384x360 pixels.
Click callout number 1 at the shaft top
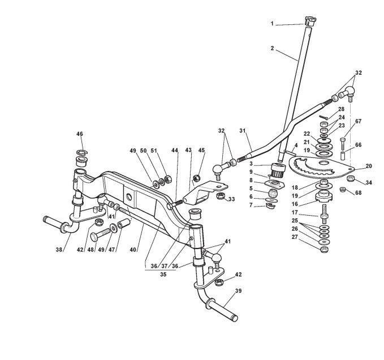pos(271,24)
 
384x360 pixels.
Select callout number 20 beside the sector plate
pos(369,166)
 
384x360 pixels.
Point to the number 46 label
pos(79,134)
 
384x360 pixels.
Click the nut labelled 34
pos(350,179)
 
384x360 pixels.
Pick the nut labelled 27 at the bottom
pos(324,250)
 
